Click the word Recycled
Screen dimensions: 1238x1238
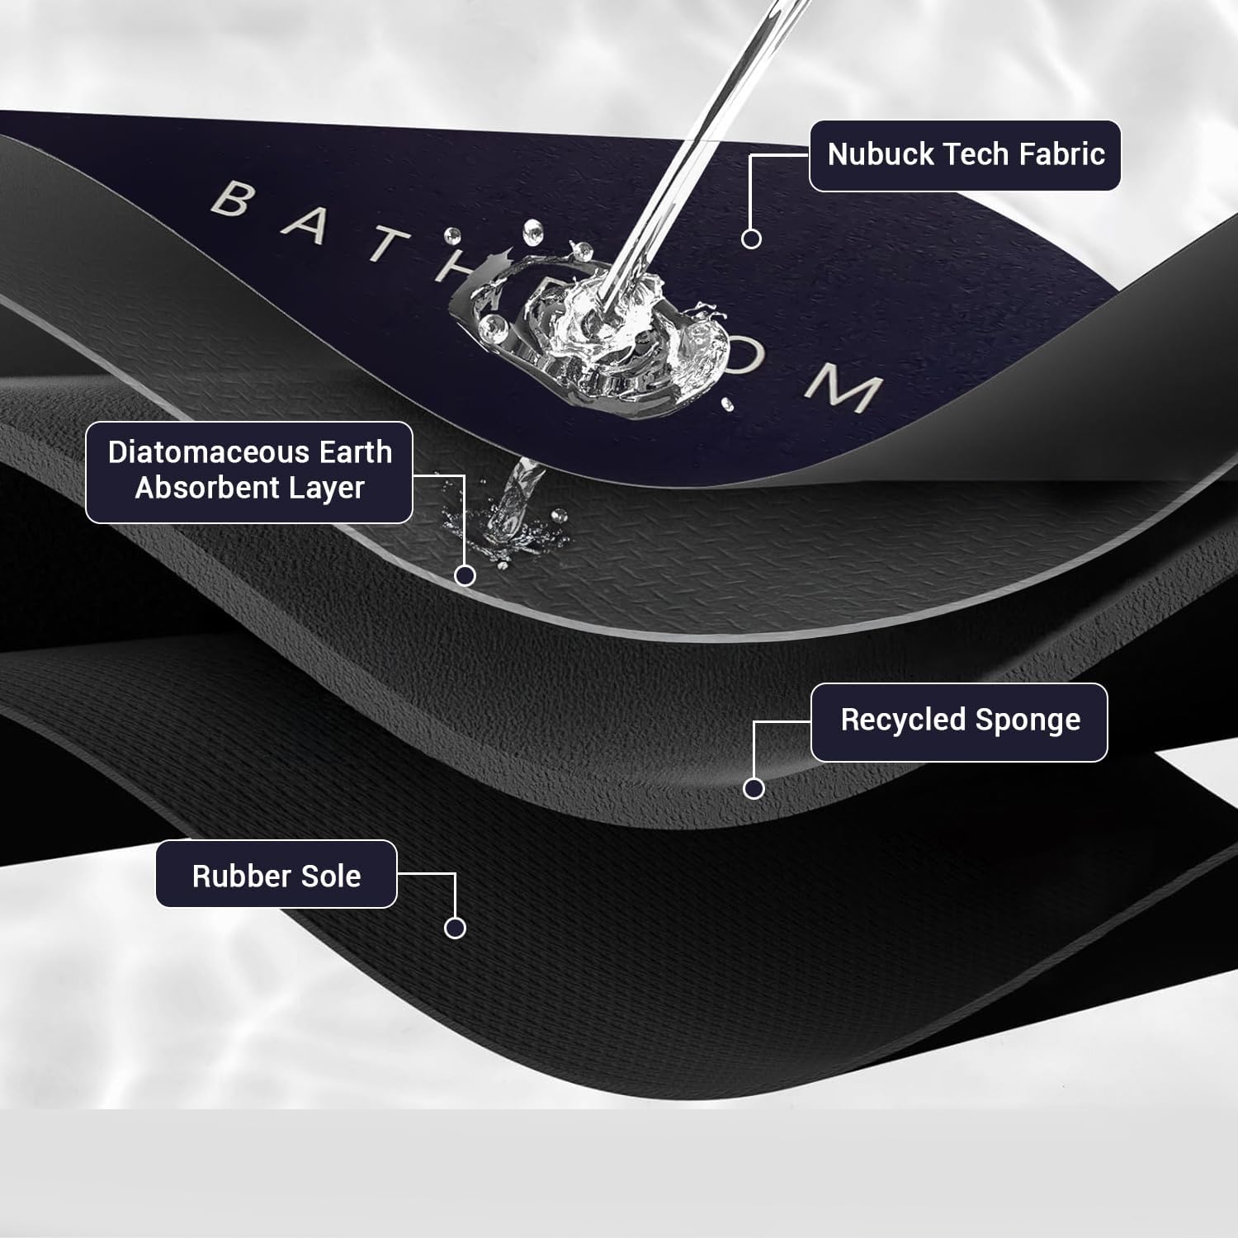[904, 720]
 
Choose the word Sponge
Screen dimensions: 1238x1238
[1028, 721]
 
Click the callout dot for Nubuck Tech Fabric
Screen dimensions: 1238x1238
[751, 239]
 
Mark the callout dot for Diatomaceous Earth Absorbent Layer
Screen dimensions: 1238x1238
[465, 575]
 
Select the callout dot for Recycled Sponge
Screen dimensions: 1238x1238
[754, 788]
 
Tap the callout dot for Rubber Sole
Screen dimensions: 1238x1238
[455, 928]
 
